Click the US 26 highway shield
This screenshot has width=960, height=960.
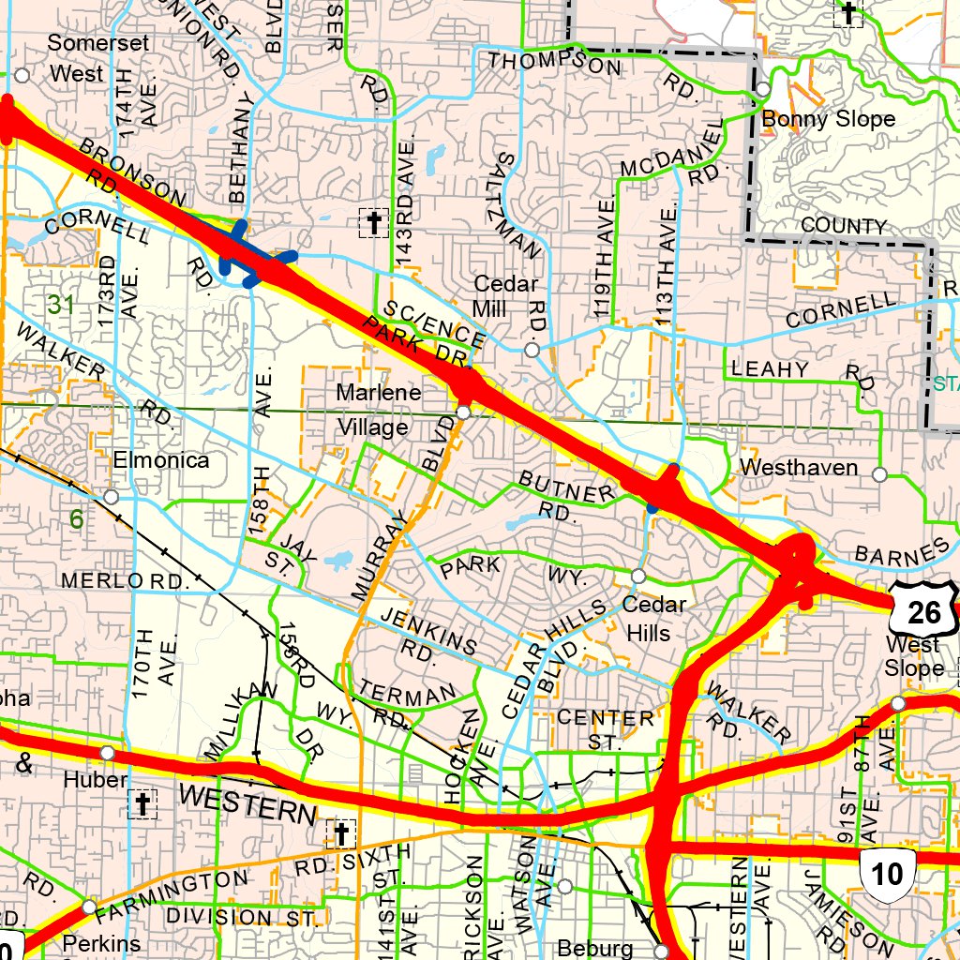point(924,611)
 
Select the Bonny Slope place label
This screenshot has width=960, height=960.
point(828,119)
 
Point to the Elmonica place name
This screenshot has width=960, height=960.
point(161,460)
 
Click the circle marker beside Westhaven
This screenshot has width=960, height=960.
point(879,474)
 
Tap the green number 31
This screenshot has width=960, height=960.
point(61,305)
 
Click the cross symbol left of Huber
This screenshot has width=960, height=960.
point(142,803)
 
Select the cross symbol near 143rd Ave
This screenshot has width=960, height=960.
point(373,223)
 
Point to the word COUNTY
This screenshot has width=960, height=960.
point(843,227)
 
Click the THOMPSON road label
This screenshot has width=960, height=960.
point(555,64)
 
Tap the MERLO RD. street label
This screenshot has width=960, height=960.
point(126,581)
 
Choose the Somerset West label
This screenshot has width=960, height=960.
point(76,58)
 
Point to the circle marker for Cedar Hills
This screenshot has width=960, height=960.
point(637,575)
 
